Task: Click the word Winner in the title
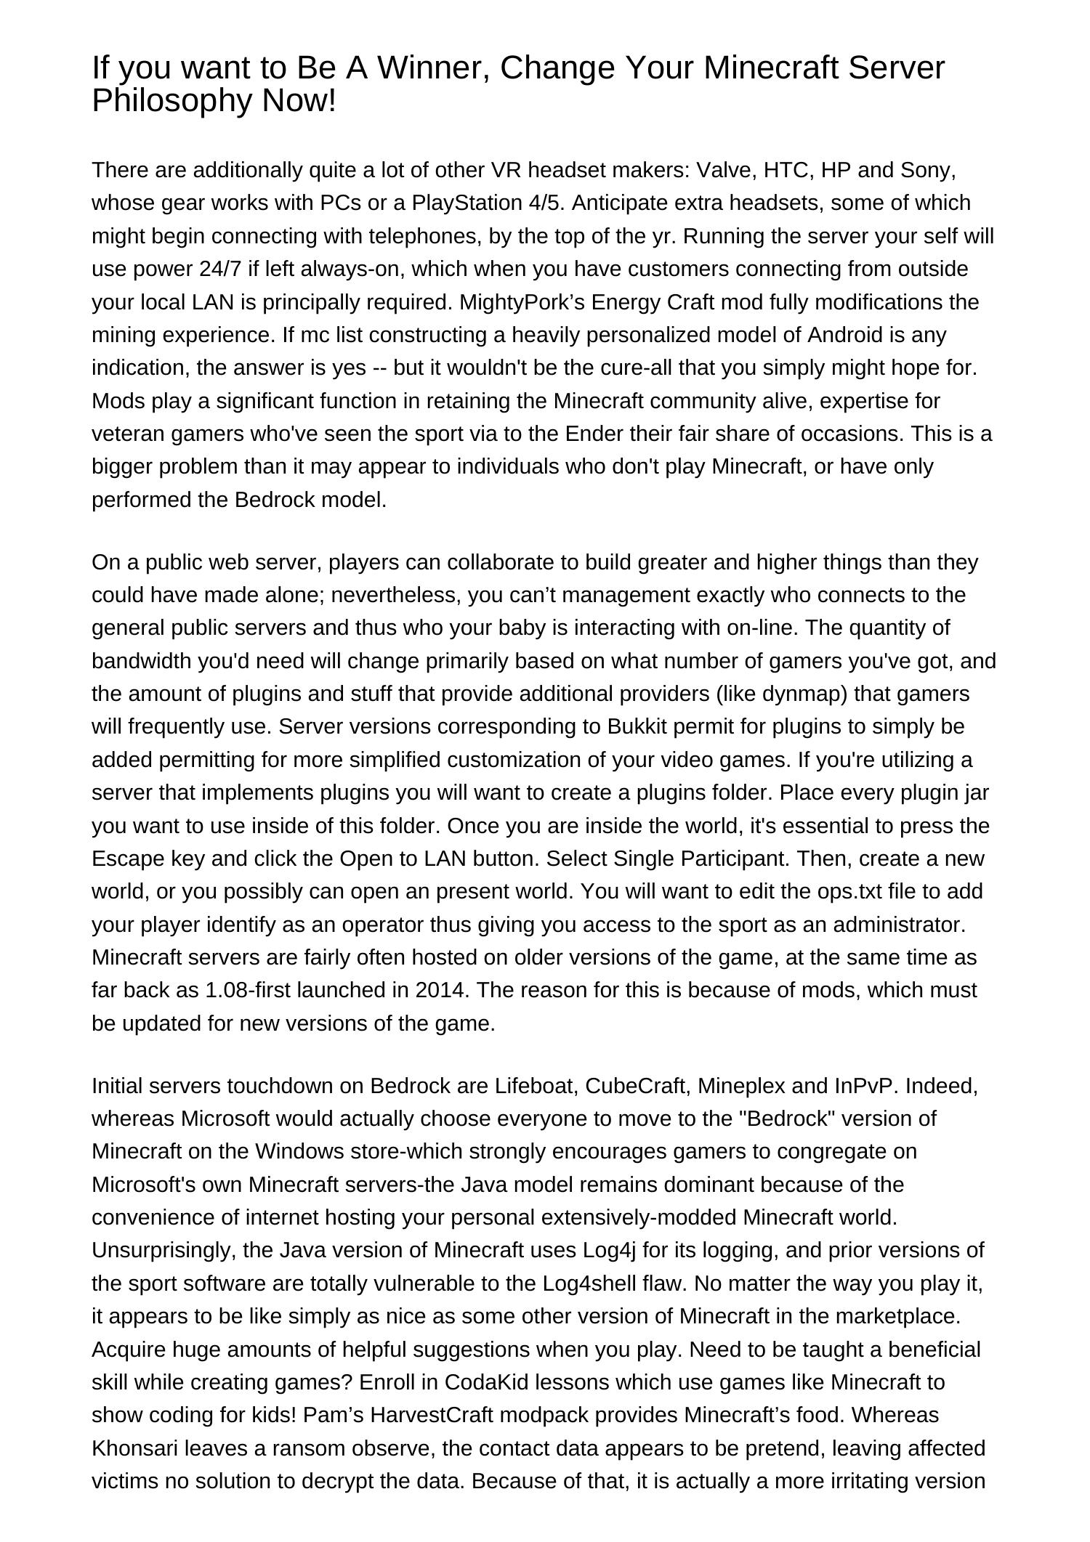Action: click(x=431, y=68)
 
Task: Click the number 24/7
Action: click(x=219, y=269)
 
